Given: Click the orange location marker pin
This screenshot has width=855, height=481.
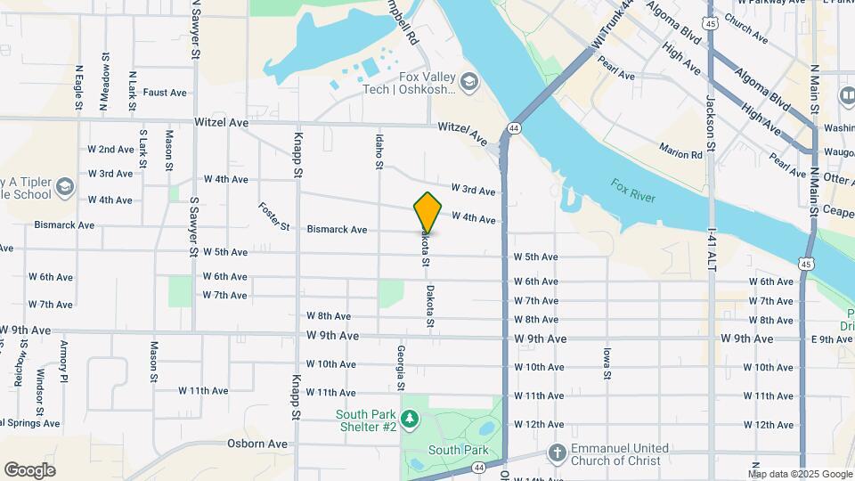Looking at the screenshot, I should (x=427, y=212).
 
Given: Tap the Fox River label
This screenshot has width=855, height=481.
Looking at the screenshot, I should (x=633, y=190).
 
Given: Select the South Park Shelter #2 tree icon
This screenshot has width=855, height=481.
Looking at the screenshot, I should (x=410, y=418).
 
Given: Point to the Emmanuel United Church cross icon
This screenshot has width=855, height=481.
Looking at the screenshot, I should (x=557, y=452).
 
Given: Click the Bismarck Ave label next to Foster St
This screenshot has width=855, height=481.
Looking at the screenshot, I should (x=337, y=230).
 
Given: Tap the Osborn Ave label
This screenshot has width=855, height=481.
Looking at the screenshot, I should (x=257, y=444).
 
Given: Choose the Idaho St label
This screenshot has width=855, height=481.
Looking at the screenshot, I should (x=379, y=151).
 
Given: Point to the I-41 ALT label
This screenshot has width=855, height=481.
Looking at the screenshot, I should (x=711, y=249).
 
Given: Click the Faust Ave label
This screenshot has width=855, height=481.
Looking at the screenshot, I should (x=165, y=93).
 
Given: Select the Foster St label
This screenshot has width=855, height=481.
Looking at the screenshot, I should (x=275, y=216).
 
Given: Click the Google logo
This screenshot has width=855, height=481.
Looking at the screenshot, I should (x=29, y=470).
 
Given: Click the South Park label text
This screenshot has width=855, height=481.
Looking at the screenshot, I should (x=459, y=451).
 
